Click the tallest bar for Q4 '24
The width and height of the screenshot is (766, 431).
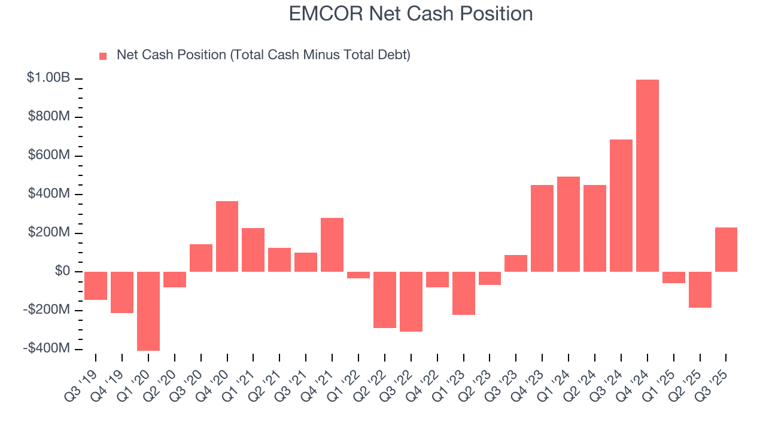pyautogui.click(x=647, y=175)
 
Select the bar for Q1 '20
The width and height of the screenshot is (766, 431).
pyautogui.click(x=148, y=311)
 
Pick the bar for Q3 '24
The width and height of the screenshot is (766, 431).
pyautogui.click(x=621, y=205)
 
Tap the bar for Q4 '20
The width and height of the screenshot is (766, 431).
pyautogui.click(x=227, y=236)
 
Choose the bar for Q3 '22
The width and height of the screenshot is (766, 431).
pyautogui.click(x=411, y=301)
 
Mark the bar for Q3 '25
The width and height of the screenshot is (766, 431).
pyautogui.click(x=726, y=249)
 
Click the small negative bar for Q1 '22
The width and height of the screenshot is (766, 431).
pyautogui.click(x=358, y=275)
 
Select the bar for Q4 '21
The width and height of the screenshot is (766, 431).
pyautogui.click(x=332, y=244)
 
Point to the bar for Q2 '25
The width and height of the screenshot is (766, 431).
pyautogui.click(x=700, y=289)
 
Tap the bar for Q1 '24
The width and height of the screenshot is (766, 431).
pyautogui.click(x=569, y=224)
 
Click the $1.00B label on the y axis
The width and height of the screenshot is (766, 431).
pyautogui.click(x=48, y=78)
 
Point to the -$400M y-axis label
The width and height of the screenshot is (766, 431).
pyautogui.click(x=47, y=348)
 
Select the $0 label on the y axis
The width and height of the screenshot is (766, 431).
pyautogui.click(x=63, y=271)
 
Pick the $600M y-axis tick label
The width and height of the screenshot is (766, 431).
pyautogui.click(x=49, y=155)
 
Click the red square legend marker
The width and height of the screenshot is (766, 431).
pyautogui.click(x=103, y=56)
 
